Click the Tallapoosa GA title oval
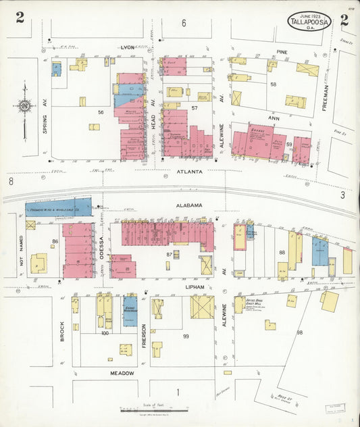click(309, 21)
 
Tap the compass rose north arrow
click(25, 105)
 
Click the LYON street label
click(128, 48)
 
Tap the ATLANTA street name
click(189, 172)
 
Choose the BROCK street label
click(61, 330)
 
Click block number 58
click(274, 84)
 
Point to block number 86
click(55, 241)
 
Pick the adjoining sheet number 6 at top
click(183, 24)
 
